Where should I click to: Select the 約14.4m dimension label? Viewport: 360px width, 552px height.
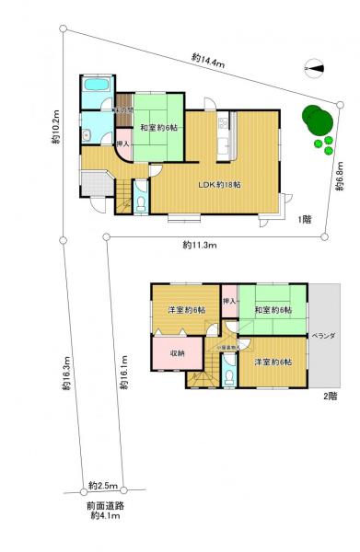208,60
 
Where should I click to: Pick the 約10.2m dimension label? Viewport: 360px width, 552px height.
56,128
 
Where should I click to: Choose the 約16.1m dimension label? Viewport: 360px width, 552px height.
122,374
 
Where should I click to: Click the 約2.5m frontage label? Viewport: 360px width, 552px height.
102,484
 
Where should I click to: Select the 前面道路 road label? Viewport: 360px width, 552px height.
101,505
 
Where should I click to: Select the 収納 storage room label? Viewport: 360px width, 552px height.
178,353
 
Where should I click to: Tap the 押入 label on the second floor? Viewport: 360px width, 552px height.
230,301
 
